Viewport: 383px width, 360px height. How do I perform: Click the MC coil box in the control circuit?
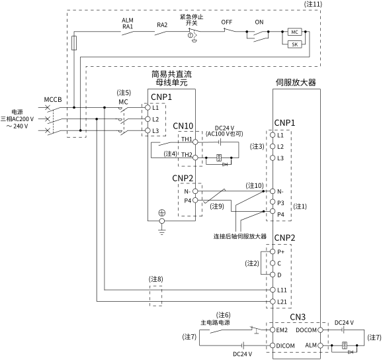click(x=294, y=32)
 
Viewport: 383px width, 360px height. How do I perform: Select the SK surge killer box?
click(x=294, y=44)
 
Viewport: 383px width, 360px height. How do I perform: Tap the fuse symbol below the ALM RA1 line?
click(x=74, y=43)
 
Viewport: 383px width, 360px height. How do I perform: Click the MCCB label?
click(x=53, y=100)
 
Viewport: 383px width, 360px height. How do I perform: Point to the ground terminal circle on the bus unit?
click(x=161, y=221)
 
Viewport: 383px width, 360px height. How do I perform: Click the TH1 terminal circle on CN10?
click(x=195, y=142)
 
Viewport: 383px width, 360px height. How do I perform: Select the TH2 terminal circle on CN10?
click(x=195, y=157)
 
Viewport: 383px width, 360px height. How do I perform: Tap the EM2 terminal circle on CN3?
click(x=273, y=330)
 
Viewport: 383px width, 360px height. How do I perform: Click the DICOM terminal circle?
click(x=273, y=345)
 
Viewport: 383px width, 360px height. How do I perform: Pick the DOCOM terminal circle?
click(x=320, y=330)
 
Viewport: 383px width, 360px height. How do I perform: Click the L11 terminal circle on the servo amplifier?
click(x=273, y=290)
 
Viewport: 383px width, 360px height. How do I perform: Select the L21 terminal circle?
click(x=273, y=301)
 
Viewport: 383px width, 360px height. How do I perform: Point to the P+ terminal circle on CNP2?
click(x=273, y=251)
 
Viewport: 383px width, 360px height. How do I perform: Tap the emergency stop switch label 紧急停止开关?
click(x=192, y=20)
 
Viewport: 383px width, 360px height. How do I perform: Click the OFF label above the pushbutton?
click(x=226, y=22)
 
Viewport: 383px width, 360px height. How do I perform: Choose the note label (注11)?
click(x=313, y=4)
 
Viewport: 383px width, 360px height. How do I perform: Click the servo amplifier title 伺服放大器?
click(x=296, y=82)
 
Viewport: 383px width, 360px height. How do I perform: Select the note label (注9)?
click(x=217, y=206)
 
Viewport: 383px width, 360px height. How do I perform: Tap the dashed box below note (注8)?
click(x=156, y=296)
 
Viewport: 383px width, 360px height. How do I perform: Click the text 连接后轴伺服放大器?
click(x=240, y=236)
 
